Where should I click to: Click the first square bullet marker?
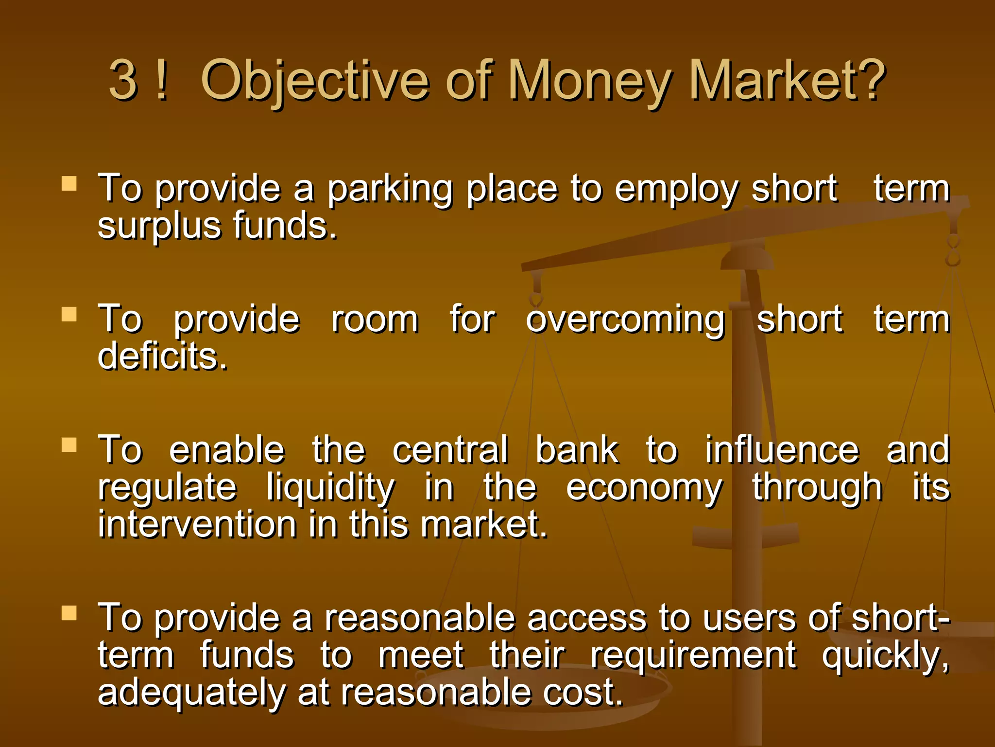69,183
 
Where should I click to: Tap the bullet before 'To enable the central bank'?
69,445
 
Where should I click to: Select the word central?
450,450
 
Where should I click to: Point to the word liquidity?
330,488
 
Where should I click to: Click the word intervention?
197,525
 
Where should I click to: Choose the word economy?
644,488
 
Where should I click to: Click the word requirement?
693,656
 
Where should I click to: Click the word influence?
782,450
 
